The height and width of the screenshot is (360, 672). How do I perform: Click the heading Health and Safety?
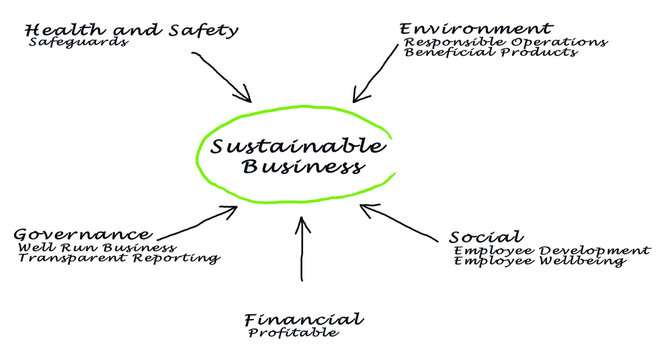[133, 29]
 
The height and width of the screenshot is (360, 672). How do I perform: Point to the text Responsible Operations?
[505, 42]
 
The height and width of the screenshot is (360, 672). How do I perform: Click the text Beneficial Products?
[491, 53]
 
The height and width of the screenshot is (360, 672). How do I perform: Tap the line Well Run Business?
[97, 247]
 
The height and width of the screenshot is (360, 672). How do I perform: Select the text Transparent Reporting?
[118, 258]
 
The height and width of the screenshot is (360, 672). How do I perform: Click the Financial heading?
[303, 320]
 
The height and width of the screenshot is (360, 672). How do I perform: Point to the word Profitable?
[293, 333]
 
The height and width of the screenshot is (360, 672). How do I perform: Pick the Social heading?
[486, 237]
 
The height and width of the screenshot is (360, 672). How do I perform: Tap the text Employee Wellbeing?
[539, 261]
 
